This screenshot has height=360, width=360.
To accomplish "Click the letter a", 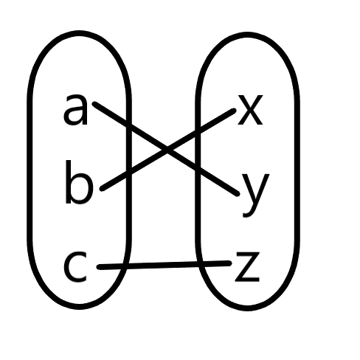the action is point(75,110).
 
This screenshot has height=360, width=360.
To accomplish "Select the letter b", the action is point(79,182).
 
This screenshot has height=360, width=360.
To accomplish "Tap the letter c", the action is point(75,266).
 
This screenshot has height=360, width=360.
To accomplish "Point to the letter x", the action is point(250,110).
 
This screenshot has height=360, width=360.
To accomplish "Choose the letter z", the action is point(247,266).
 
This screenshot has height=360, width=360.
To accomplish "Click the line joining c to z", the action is point(165,265).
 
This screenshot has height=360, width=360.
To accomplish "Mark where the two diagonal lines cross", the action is point(167,149).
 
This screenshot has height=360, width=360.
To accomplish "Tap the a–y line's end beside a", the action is point(95,104).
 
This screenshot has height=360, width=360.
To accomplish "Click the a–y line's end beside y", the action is point(237,193).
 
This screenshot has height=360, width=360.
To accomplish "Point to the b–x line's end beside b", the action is point(103,188).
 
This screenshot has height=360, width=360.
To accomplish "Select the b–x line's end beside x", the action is point(234,111).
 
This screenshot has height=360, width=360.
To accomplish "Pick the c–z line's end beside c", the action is point(99,267).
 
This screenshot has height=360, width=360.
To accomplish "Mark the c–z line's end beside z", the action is point(229,263).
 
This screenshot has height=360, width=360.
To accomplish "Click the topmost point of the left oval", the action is point(79,33).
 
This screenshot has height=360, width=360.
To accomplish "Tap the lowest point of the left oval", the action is point(80,307).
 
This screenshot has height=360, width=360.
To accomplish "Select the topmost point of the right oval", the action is point(247,35).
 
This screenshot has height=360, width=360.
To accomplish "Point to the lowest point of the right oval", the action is point(248,308).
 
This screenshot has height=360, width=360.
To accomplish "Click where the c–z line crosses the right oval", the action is point(201,264).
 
